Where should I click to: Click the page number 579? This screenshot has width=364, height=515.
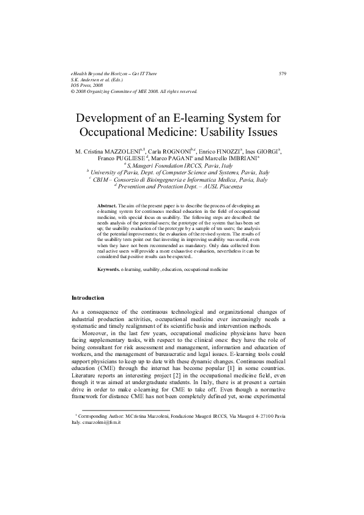point(283,74)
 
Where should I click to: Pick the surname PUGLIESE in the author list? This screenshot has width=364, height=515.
point(135,158)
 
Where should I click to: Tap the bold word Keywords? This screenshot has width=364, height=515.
point(109,270)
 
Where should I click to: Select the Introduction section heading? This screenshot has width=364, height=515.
point(89,298)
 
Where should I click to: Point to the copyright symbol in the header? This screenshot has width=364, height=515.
point(73,91)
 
